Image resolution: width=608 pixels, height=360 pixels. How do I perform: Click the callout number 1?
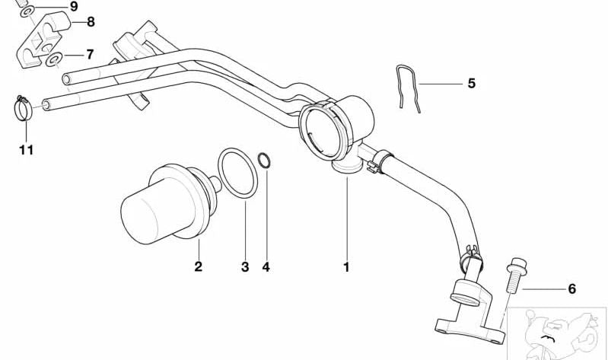coord(346,267)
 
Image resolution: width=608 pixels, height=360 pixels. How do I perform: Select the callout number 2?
coord(198,267)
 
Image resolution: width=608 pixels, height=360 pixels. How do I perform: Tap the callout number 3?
coord(245,267)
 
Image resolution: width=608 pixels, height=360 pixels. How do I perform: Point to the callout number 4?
coord(266,267)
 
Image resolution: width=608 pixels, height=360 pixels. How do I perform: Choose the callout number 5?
coord(471,84)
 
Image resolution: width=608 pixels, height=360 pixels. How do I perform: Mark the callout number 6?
coord(572,289)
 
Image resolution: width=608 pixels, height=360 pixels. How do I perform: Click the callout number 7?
coord(90,54)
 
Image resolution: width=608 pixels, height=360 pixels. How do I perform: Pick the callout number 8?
coord(91,22)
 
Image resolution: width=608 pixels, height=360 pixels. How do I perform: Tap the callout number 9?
coord(74,6)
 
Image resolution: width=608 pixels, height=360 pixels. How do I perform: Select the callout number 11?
coord(27,150)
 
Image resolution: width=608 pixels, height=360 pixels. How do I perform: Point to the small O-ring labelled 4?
coord(264,161)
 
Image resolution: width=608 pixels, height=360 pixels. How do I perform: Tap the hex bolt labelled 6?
coord(514,275)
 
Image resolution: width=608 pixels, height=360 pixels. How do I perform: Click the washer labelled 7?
coord(54,59)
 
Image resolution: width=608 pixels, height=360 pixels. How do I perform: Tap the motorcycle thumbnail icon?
coord(557,334)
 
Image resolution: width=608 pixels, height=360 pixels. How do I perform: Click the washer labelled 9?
coord(27,11)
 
